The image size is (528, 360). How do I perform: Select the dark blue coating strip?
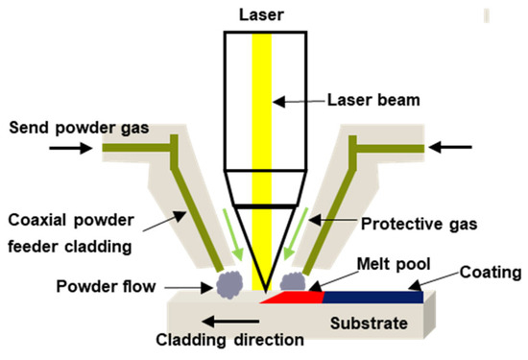click(x=374, y=298)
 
